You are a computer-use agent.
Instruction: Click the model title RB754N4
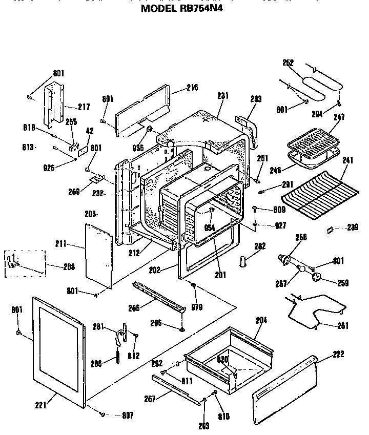tap(181, 9)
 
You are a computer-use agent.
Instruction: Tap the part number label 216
tap(192, 88)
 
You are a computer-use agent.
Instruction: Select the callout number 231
tap(222, 96)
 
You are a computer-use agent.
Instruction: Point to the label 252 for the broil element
tap(288, 63)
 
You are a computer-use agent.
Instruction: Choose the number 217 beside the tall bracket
tap(84, 107)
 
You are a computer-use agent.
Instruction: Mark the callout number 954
tap(209, 227)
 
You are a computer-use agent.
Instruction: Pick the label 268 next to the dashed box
tap(69, 266)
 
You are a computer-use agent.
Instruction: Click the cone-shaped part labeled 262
tap(243, 261)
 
